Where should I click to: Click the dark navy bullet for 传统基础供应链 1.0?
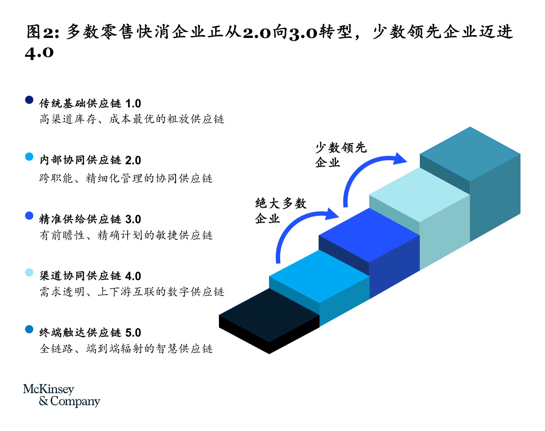tap(29, 100)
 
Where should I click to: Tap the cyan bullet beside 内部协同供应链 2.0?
tap(29, 157)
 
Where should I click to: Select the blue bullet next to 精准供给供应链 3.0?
tap(29, 215)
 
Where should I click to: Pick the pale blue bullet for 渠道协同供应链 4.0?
tap(29, 272)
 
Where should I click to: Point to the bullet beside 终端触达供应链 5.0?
tap(29, 329)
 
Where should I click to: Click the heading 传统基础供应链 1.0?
tap(90, 104)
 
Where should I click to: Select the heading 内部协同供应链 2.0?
tap(90, 160)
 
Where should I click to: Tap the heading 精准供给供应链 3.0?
tap(90, 219)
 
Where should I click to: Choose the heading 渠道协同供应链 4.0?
tap(90, 276)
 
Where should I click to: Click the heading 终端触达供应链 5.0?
tap(90, 333)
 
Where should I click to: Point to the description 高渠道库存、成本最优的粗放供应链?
tap(132, 119)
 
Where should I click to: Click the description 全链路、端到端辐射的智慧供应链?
tap(126, 349)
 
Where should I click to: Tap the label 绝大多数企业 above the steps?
tap(281, 211)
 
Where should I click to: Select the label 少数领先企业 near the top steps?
tap(341, 155)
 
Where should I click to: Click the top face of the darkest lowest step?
tap(269, 315)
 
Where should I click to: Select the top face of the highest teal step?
tap(470, 154)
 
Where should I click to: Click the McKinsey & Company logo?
tap(61, 395)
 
